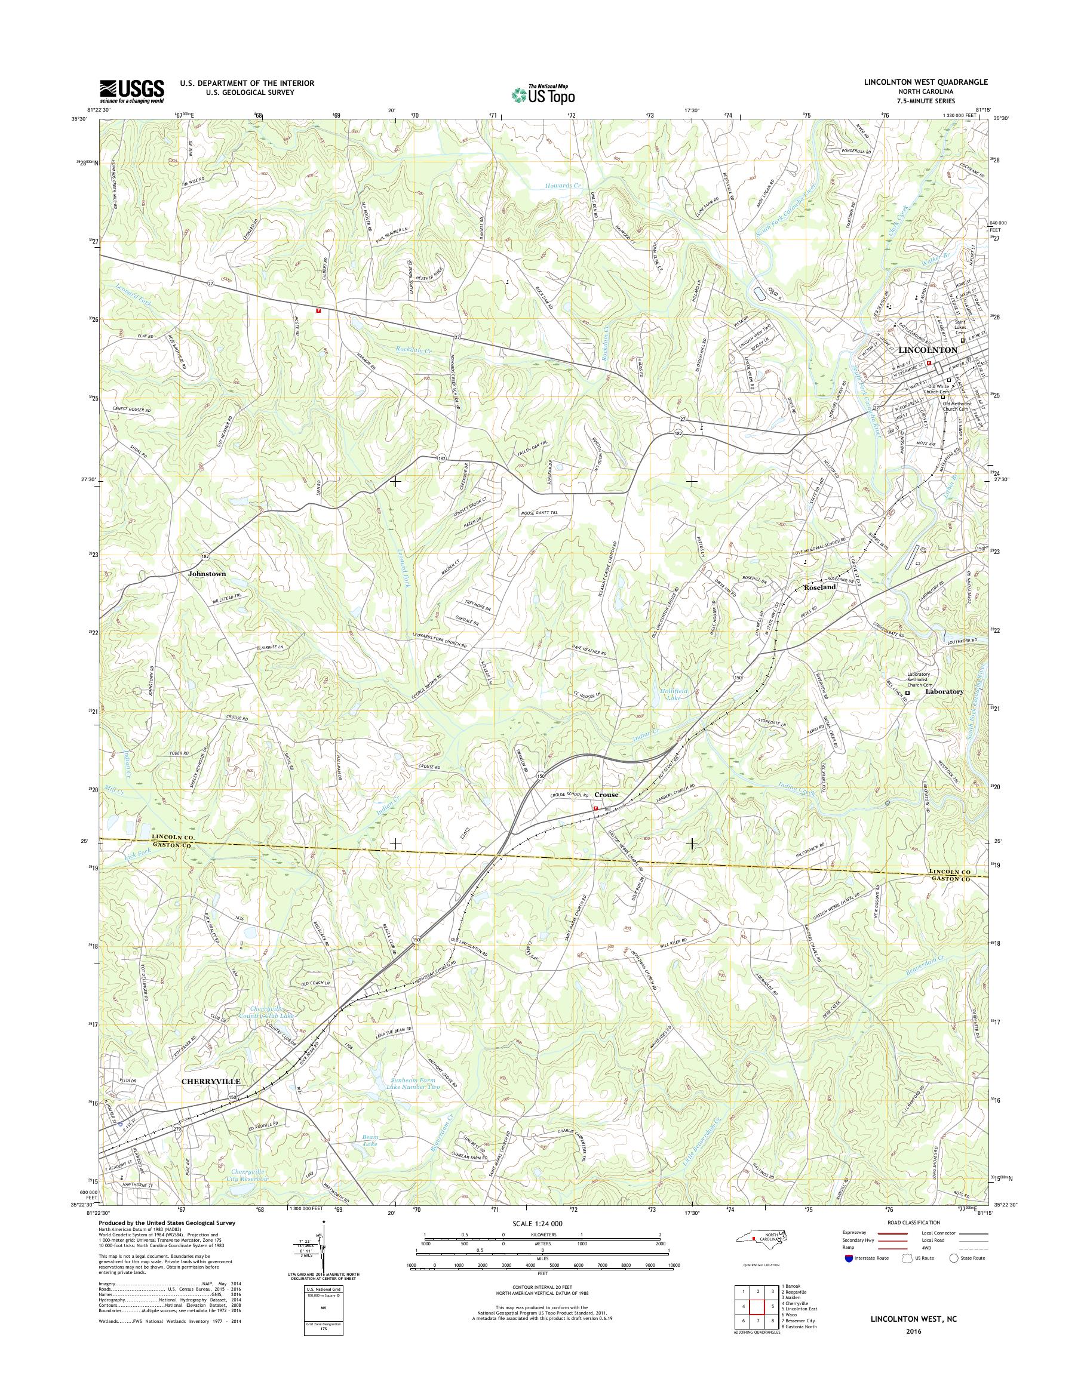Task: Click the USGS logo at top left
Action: (x=131, y=91)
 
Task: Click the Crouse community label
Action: (x=606, y=795)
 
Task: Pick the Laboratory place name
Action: (x=944, y=691)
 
